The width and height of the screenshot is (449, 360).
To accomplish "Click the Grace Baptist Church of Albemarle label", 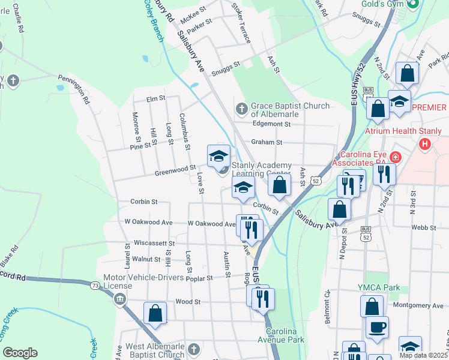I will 290,110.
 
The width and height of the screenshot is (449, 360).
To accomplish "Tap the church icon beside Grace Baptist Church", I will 241,108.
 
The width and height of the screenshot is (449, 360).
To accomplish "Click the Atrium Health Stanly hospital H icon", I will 426,144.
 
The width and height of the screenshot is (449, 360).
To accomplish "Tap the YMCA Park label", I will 379,288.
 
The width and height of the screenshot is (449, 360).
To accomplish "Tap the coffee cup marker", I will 377,327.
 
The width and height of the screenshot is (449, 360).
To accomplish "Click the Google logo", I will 20,353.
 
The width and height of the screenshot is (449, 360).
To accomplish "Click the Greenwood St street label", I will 176,170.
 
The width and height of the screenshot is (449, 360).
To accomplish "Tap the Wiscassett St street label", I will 155,244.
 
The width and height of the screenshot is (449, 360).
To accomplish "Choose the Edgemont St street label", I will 272,124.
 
